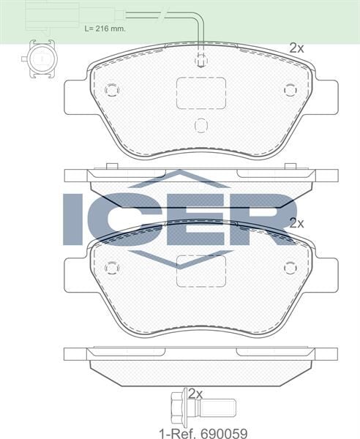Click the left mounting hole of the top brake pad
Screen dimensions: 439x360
coord(111,90)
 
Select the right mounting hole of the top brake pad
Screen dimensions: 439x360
coord(290,90)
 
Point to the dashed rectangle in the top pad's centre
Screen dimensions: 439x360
coord(200,94)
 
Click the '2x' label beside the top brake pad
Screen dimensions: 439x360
coord(296,48)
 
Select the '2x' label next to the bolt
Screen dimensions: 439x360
coord(195,393)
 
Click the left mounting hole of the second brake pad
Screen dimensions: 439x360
coord(111,268)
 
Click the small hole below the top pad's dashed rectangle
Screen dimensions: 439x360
coord(201,125)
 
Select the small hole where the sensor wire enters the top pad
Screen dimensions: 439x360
coord(201,62)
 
